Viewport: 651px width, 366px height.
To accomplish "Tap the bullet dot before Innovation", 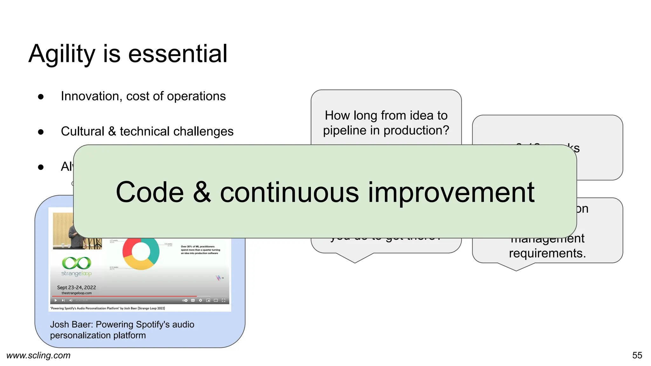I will tap(41, 97).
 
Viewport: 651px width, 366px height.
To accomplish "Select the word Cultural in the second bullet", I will tap(82, 131).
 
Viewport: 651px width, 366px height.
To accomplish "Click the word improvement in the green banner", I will tap(451, 193).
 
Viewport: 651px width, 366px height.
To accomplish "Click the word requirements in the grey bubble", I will tap(547, 253).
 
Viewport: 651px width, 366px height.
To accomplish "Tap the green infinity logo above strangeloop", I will tap(76, 263).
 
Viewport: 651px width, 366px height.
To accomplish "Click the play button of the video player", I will tap(56, 300).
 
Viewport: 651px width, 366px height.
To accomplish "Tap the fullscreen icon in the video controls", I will tap(223, 300).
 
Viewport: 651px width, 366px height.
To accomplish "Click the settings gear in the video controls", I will tap(200, 300).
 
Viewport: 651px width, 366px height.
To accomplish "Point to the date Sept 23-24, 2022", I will tap(76, 287).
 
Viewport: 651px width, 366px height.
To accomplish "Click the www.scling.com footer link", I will tap(38, 355).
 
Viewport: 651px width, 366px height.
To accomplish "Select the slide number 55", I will tap(637, 355).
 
